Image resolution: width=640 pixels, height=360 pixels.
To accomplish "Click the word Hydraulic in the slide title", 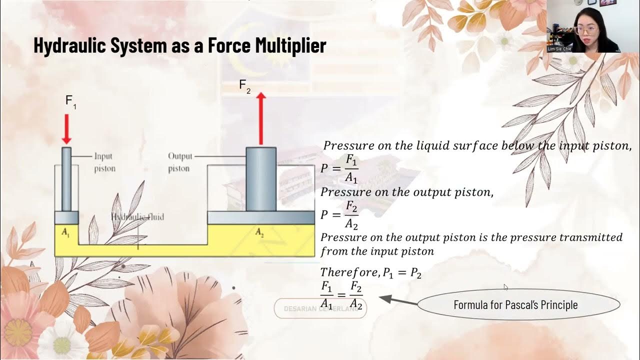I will (68, 46).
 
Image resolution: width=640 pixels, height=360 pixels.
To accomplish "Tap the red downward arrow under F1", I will (66, 128).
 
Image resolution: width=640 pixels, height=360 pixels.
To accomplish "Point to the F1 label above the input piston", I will (70, 101).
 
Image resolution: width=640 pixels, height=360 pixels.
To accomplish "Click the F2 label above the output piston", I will (244, 86).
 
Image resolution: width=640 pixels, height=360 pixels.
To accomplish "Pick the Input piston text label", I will (104, 162).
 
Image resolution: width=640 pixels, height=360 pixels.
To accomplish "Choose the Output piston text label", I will (179, 162).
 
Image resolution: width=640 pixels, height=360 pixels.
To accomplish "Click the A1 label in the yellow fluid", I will (65, 232).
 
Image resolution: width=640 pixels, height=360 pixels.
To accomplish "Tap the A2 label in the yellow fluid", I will (260, 232).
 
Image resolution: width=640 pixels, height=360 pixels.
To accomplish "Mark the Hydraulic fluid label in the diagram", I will (137, 217).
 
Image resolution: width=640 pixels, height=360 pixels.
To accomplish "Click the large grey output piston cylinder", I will (261, 178).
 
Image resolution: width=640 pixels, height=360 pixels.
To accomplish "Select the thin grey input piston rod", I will (66, 178).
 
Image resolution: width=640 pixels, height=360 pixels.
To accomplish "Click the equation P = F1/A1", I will (339, 168).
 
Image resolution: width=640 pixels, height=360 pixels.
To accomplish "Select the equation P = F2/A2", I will (339, 215).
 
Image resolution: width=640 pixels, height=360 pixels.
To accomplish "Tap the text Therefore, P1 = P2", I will (370, 273).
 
